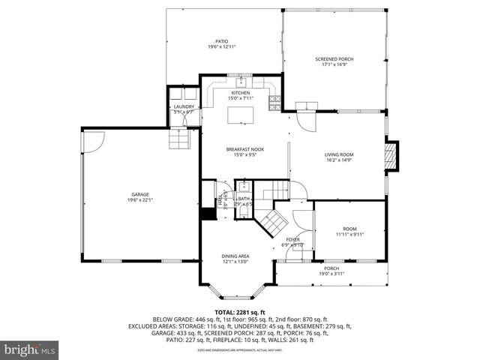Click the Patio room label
(x=222, y=41)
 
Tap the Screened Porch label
(x=334, y=59)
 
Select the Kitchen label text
(x=241, y=93)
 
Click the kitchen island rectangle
(x=242, y=113)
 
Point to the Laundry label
(x=184, y=106)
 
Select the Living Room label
(x=339, y=154)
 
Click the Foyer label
(x=292, y=239)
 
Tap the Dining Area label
(x=235, y=256)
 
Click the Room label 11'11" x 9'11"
(x=349, y=229)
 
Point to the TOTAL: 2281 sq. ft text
(x=240, y=312)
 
